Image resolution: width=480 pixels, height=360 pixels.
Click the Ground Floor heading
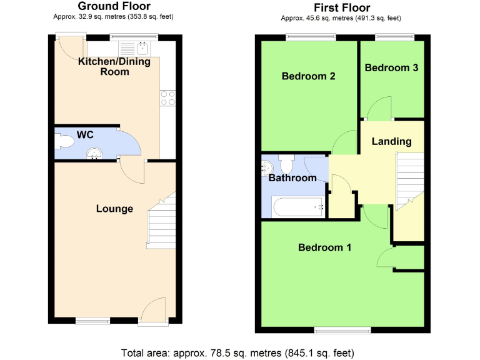[113, 6]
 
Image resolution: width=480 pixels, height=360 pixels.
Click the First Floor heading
[342, 7]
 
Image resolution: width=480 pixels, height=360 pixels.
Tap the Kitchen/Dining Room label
[112, 66]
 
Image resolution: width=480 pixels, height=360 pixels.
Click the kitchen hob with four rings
[168, 98]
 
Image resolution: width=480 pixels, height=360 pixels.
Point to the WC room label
[85, 134]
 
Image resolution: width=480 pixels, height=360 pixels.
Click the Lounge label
[114, 209]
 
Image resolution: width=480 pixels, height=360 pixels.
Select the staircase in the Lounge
[161, 222]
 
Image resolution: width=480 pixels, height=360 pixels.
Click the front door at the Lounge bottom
[153, 312]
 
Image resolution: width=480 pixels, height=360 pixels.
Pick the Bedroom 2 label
[309, 76]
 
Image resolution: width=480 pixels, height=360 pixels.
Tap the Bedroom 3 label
[391, 67]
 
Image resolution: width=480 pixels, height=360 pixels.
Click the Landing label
[392, 141]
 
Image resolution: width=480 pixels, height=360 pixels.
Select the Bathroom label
[292, 178]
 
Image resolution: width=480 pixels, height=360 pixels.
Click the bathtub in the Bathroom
[298, 206]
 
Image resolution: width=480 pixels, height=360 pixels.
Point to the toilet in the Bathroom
[287, 165]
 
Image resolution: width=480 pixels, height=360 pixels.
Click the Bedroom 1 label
[324, 247]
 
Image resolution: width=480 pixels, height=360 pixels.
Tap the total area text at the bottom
[239, 351]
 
